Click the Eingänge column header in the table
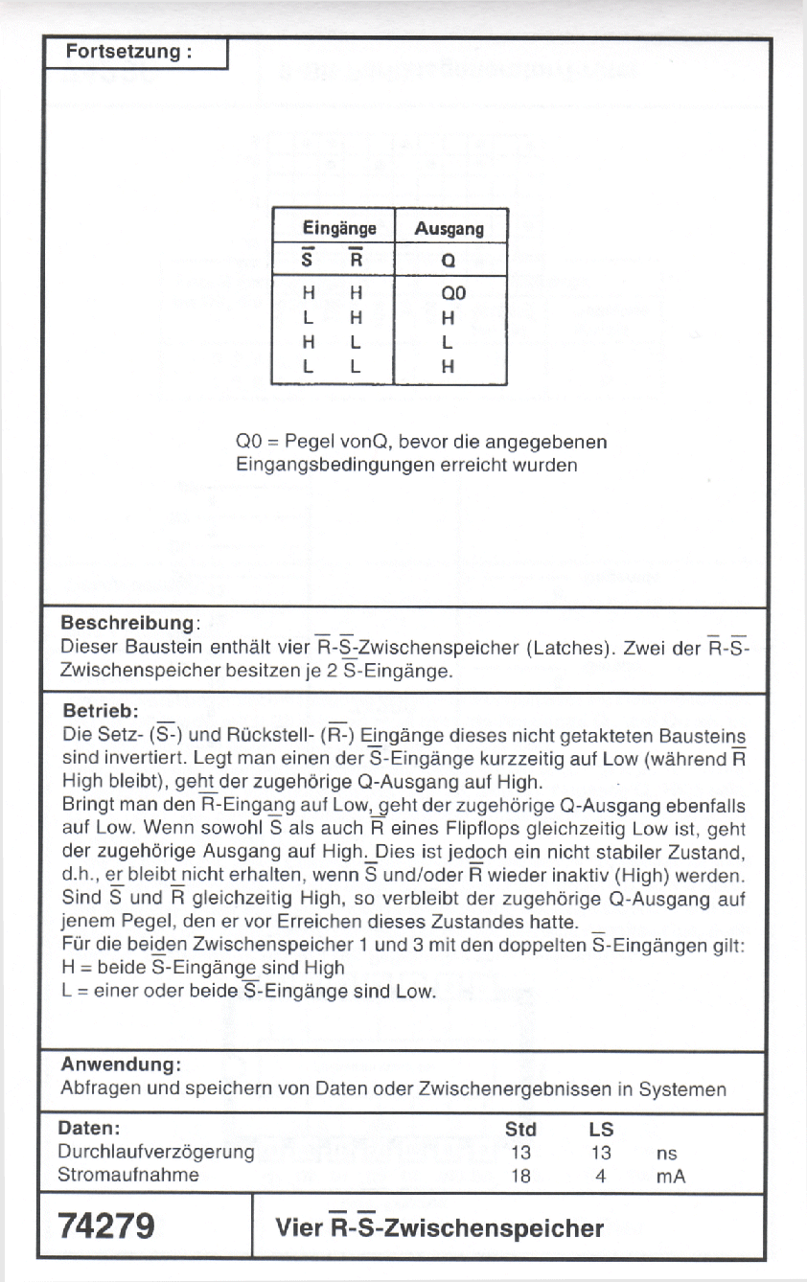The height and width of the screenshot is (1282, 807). (339, 229)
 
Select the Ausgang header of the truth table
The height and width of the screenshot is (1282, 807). (449, 229)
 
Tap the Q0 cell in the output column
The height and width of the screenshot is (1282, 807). (452, 292)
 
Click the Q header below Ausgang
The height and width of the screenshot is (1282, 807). (448, 261)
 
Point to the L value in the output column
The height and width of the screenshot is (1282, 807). (447, 342)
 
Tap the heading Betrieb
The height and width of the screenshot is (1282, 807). (100, 712)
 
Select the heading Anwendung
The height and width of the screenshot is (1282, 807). (121, 1065)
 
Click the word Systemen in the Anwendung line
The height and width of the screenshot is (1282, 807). (682, 1089)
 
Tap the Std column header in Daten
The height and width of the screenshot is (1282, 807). (520, 1130)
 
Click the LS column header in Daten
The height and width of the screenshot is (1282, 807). (601, 1130)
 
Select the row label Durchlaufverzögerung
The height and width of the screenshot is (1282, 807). (155, 1153)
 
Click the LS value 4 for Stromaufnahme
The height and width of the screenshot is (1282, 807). (600, 1176)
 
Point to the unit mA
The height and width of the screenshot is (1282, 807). (671, 1176)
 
